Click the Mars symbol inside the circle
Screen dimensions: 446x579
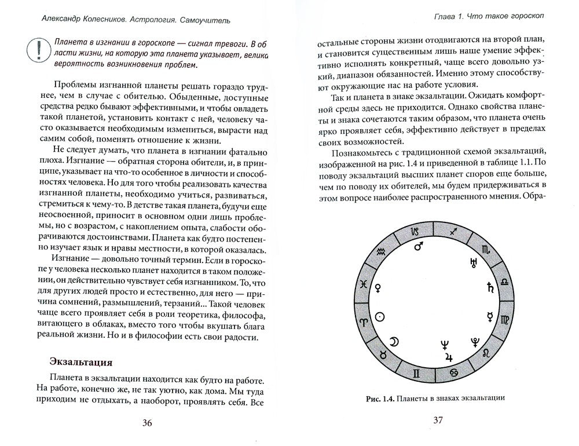(x=417, y=247)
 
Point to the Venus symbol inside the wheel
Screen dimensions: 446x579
(x=379, y=287)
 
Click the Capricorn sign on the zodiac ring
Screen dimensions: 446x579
(x=414, y=232)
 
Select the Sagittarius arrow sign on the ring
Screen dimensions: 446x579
(x=455, y=232)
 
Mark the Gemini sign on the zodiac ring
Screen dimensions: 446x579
(x=415, y=371)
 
